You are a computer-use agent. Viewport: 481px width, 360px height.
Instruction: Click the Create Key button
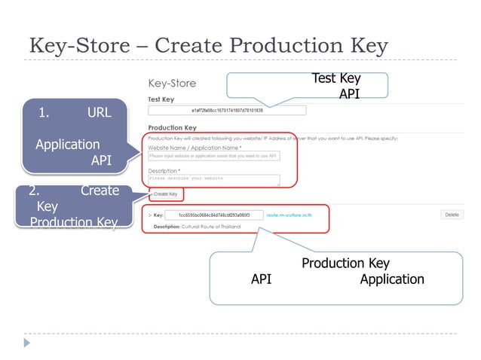click(166, 194)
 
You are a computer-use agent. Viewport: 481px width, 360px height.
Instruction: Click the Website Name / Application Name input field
click(213, 156)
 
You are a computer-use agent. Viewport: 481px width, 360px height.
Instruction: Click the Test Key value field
click(227, 110)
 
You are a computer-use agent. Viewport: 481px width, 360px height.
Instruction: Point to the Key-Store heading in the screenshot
click(173, 83)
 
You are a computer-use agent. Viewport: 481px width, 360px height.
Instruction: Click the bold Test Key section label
click(161, 98)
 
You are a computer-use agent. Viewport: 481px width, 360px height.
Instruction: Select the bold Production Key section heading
click(173, 128)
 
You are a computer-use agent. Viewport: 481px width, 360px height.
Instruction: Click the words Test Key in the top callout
click(336, 78)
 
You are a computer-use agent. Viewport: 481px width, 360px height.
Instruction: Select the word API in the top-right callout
click(349, 94)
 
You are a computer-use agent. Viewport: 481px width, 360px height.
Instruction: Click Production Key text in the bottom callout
click(345, 263)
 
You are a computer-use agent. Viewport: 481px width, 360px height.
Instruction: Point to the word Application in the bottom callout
click(392, 279)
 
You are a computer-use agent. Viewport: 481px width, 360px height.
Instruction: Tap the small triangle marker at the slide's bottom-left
click(28, 343)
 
